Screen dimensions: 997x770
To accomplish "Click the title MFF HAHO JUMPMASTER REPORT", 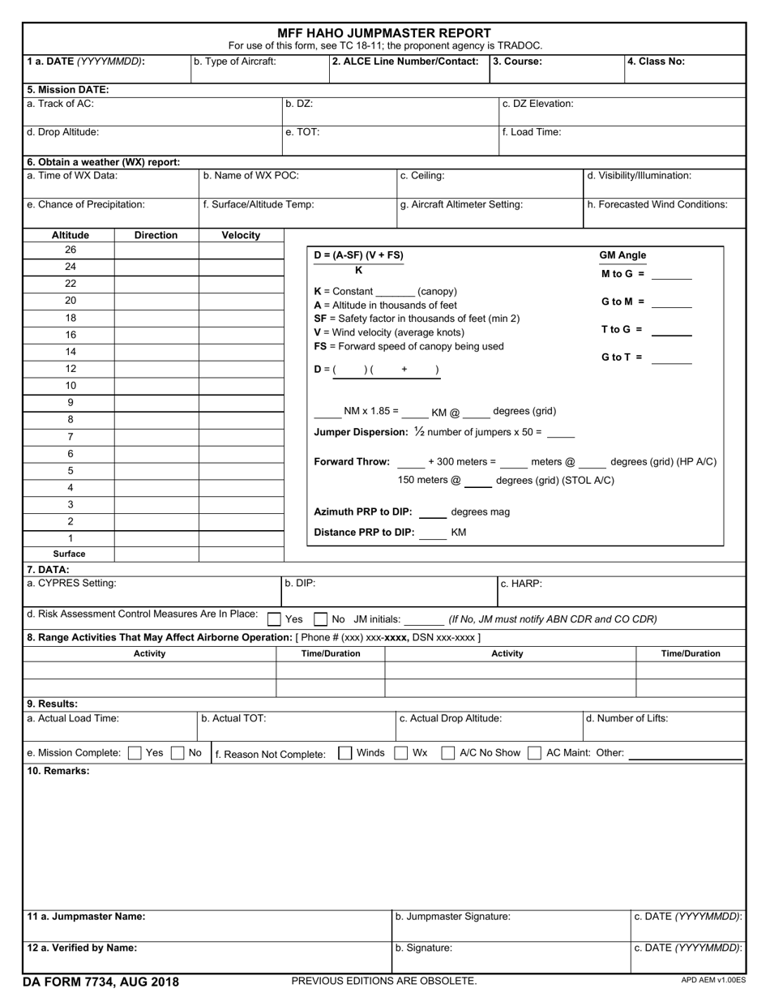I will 384,33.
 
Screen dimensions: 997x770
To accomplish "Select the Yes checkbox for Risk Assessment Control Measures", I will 275,619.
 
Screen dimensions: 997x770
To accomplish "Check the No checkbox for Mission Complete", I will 178,753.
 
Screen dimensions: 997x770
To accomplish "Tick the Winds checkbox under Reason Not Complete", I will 344,753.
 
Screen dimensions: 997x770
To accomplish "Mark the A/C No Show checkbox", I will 448,753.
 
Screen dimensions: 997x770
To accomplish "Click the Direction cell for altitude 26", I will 156,250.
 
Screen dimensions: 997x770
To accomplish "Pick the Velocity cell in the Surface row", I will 241,554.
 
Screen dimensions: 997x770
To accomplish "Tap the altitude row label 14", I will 71,352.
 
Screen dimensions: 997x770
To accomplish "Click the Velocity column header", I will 241,235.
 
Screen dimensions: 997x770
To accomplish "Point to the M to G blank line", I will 672,276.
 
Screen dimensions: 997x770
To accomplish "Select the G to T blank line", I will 672,360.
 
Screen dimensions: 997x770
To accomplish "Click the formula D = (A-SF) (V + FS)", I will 358,255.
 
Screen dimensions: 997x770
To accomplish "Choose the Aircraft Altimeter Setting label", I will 461,205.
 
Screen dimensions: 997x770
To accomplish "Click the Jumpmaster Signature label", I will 452,917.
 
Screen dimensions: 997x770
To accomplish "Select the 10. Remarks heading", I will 58,771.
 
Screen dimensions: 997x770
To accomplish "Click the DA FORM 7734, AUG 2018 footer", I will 101,982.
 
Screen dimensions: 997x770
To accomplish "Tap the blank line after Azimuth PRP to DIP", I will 433,514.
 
